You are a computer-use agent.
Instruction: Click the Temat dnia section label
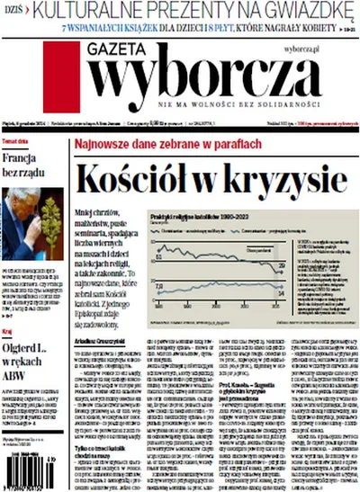click(15, 142)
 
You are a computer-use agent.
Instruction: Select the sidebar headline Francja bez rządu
click(26, 165)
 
